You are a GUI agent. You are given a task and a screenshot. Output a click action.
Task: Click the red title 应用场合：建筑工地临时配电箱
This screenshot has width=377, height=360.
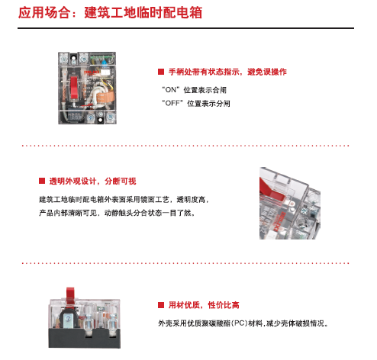(110, 12)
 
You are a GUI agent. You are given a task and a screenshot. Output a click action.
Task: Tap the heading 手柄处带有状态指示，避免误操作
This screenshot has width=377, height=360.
(227, 72)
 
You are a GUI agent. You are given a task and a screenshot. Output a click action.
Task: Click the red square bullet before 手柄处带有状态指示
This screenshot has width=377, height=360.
(161, 72)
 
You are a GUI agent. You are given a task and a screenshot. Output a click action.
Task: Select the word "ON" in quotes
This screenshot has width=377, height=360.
(170, 90)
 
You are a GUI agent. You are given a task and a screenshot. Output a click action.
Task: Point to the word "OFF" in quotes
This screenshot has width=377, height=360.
(172, 103)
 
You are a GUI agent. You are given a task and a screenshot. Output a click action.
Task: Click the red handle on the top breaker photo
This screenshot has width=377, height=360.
(74, 87)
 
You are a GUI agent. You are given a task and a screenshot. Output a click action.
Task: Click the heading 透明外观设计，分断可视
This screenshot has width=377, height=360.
(92, 182)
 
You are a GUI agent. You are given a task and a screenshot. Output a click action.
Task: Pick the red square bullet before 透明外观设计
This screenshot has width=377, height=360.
(42, 181)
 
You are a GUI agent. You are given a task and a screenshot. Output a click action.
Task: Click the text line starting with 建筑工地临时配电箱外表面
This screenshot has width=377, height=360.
(124, 200)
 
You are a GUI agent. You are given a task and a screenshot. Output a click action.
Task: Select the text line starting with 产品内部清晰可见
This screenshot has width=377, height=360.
(117, 213)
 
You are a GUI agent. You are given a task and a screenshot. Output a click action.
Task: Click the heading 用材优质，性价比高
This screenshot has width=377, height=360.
(204, 305)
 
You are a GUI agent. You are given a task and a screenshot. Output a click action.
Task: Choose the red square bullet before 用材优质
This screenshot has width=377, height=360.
(161, 305)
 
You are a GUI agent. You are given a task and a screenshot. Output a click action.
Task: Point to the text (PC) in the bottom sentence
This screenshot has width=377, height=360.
(239, 323)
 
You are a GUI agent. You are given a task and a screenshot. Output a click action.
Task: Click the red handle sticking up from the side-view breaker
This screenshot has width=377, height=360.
(70, 295)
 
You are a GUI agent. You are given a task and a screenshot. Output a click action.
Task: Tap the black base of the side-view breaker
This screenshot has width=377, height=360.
(85, 339)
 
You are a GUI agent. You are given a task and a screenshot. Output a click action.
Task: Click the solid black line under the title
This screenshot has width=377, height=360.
(185, 28)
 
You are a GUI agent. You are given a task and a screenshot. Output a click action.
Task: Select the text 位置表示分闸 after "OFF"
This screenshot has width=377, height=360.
(208, 104)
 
